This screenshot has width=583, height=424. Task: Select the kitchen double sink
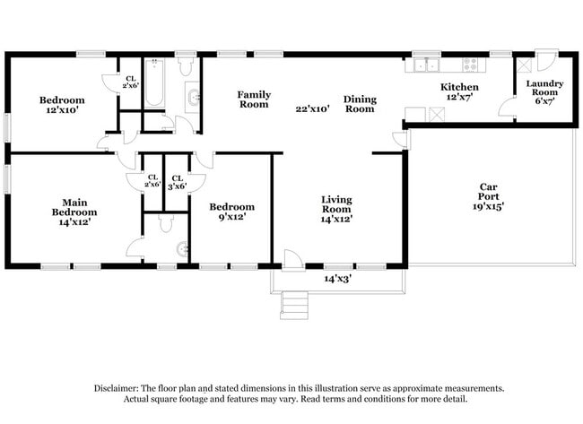click(425, 65)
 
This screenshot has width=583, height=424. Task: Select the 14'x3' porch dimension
click(336, 279)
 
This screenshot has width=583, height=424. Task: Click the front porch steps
click(294, 305)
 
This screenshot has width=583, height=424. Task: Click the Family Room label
click(254, 99)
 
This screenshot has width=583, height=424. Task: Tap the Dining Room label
click(360, 104)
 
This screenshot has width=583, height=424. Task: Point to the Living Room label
click(336, 208)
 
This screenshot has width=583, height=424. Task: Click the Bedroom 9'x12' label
click(231, 212)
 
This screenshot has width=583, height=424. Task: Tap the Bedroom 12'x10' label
click(62, 105)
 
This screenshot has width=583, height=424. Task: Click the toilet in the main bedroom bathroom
click(182, 248)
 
